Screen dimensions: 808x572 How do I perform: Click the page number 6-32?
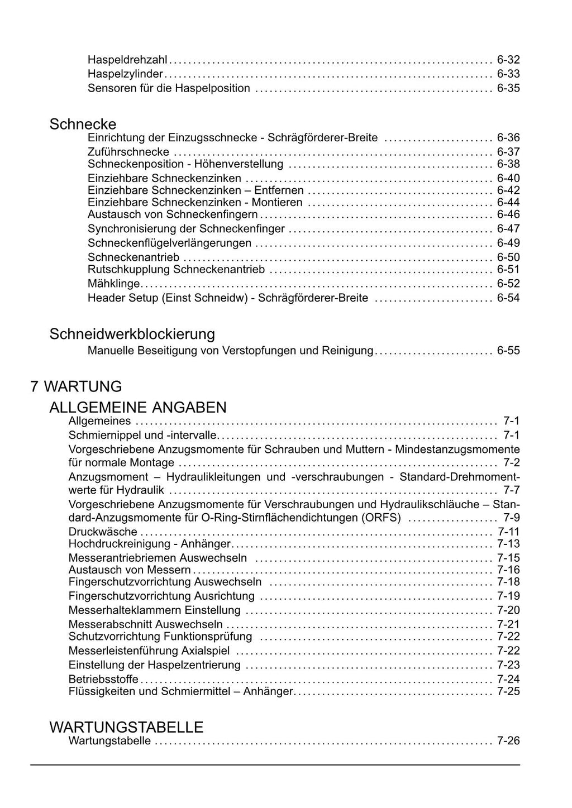pyautogui.click(x=508, y=60)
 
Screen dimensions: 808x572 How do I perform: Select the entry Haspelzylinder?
pyautogui.click(x=125, y=74)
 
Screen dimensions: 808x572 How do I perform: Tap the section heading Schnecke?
pyautogui.click(x=83, y=124)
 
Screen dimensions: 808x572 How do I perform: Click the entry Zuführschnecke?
pyautogui.click(x=128, y=152)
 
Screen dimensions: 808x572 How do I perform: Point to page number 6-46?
pyautogui.click(x=508, y=214)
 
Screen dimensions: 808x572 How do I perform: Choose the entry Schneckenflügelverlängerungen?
pyautogui.click(x=169, y=243)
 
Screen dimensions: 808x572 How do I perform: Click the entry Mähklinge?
pyautogui.click(x=113, y=284)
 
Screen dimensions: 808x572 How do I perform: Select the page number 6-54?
pyautogui.click(x=508, y=298)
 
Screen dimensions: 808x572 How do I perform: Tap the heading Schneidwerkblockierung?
pyautogui.click(x=132, y=334)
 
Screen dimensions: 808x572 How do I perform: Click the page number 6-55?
pyautogui.click(x=508, y=351)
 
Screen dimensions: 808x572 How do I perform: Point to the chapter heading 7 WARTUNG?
pyautogui.click(x=76, y=386)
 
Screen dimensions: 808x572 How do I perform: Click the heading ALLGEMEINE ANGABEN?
pyautogui.click(x=138, y=407)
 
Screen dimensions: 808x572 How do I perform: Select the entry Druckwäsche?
pyautogui.click(x=103, y=532)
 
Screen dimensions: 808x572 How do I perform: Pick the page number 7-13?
pyautogui.click(x=508, y=544)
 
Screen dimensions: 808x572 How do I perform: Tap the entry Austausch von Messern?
pyautogui.click(x=130, y=570)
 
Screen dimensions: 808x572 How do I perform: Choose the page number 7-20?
pyautogui.click(x=508, y=610)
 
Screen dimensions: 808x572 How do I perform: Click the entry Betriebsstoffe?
pyautogui.click(x=103, y=680)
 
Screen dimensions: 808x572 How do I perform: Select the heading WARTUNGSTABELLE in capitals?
pyautogui.click(x=126, y=728)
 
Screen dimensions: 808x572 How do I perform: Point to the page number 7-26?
pyautogui.click(x=508, y=742)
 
